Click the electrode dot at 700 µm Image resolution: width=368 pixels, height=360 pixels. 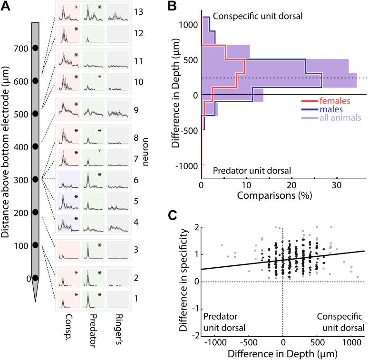tap(35, 48)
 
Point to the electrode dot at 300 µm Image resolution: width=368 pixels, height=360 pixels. tap(35, 179)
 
